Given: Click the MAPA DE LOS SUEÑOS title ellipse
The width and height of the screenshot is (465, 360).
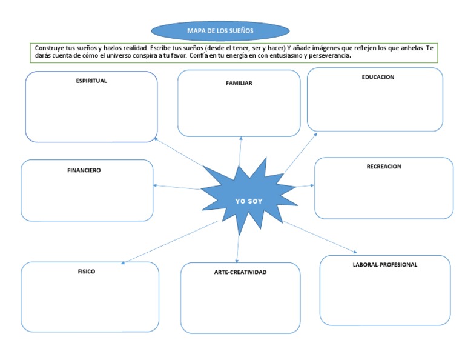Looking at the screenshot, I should point(220,30).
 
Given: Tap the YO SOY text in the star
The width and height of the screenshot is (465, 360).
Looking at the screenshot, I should point(249,201).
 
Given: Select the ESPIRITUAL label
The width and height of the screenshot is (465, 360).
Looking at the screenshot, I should point(91,81).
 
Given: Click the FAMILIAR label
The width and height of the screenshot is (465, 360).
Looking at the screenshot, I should point(239,83).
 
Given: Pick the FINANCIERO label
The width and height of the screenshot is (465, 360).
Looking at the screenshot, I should point(84,170).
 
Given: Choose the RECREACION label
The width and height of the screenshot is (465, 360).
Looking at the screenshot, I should point(384,167).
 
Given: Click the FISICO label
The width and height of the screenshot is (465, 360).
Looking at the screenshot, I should point(86,272).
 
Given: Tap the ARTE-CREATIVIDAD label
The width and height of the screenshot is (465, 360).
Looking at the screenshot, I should point(240,272).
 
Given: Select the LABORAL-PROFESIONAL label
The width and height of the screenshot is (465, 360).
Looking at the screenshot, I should point(385,265).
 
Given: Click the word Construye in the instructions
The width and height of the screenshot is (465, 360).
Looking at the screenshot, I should point(50,47).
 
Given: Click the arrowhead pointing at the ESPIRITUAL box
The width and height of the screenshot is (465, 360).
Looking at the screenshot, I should point(156,139).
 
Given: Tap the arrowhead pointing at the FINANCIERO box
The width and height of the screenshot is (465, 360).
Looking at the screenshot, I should point(156,185).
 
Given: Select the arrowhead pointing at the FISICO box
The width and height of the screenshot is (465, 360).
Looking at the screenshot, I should point(124,263).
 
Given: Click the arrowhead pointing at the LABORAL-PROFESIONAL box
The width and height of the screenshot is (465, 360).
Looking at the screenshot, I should point(355,252).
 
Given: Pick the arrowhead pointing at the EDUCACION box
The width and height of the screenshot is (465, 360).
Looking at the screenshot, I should point(315,134).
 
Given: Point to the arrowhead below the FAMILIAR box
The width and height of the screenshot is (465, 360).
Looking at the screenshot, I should point(241,138).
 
